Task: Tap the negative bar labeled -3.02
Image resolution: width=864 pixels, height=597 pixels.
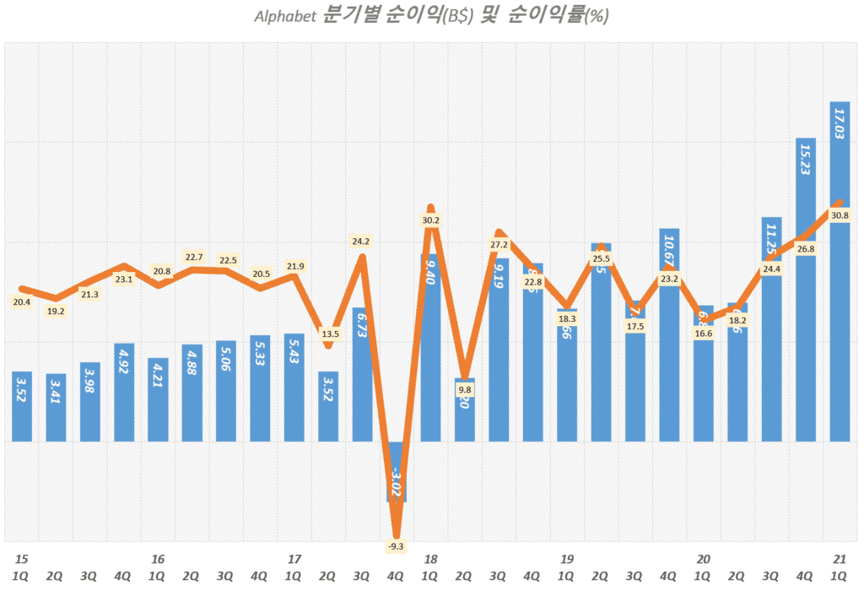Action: [x=397, y=473]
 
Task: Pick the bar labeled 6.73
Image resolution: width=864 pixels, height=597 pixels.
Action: [x=363, y=376]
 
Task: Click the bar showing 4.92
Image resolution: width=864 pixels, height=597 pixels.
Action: [x=124, y=393]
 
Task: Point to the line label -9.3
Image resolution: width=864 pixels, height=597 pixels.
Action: [x=396, y=546]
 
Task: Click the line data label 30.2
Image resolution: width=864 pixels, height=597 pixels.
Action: [x=430, y=220]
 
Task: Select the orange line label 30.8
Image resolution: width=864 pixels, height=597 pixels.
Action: [x=840, y=215]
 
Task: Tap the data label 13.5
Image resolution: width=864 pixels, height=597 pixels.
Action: [x=329, y=334]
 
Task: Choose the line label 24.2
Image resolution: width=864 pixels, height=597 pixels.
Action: [x=360, y=242]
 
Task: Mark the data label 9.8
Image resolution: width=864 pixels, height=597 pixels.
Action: [x=465, y=389]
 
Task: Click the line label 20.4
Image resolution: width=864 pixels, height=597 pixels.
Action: [x=22, y=301]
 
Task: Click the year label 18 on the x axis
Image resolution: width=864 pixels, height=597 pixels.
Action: [x=430, y=559]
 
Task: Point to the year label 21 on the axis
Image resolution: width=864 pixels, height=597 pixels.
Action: [x=840, y=559]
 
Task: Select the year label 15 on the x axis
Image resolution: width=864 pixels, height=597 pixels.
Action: [x=22, y=559]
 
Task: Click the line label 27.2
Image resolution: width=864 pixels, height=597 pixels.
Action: [x=499, y=244]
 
